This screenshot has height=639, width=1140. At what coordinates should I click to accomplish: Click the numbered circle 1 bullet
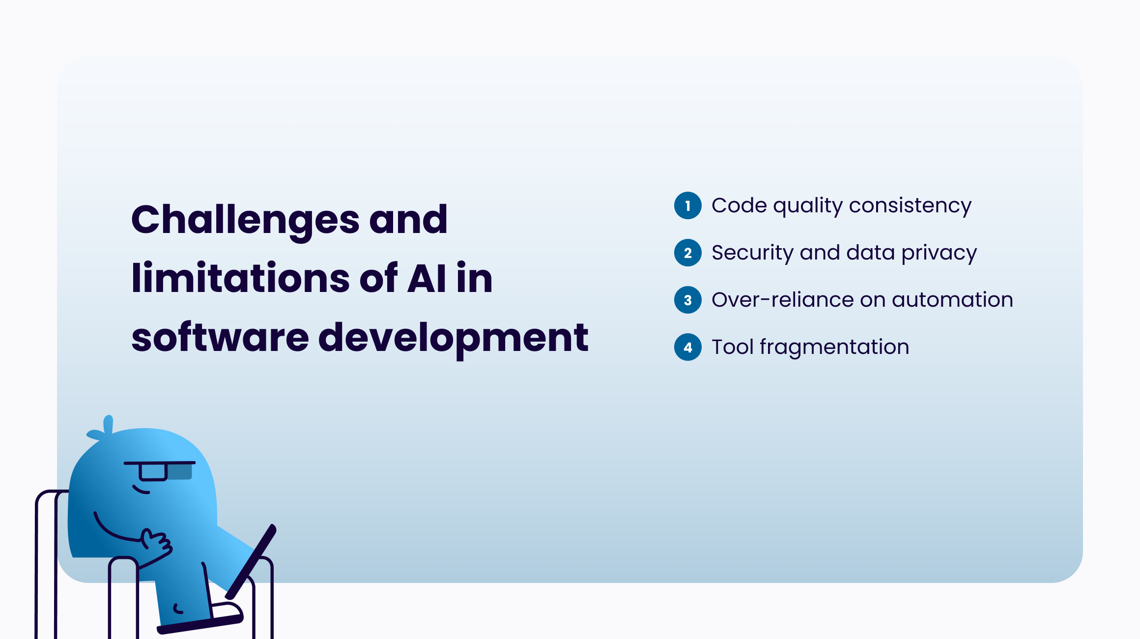coord(688,205)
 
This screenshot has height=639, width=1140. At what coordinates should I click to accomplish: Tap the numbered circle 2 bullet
coord(688,253)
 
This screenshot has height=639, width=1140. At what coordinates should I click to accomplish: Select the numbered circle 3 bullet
coord(688,300)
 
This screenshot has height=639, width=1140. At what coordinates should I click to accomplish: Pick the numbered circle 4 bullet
coord(688,347)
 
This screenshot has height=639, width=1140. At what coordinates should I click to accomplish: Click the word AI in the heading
coord(427,278)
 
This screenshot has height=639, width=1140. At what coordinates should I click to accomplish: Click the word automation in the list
coord(952,300)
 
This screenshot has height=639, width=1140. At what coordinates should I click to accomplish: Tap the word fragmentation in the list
coord(834,348)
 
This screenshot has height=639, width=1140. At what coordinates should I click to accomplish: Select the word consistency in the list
coord(910,206)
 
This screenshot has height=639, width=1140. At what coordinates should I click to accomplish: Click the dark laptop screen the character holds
coord(251,561)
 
